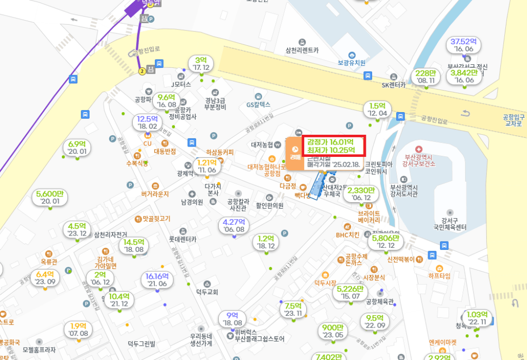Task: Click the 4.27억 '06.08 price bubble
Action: [x=234, y=226]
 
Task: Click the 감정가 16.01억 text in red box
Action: [x=329, y=142]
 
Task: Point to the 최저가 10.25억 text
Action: [x=329, y=150]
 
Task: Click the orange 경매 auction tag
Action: [x=295, y=153]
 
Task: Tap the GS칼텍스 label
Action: [x=258, y=104]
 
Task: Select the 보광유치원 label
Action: [x=352, y=63]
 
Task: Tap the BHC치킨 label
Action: [x=347, y=235]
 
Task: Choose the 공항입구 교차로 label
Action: [x=512, y=120]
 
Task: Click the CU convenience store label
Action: [x=147, y=143]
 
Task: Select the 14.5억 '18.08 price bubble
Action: [x=134, y=245]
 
